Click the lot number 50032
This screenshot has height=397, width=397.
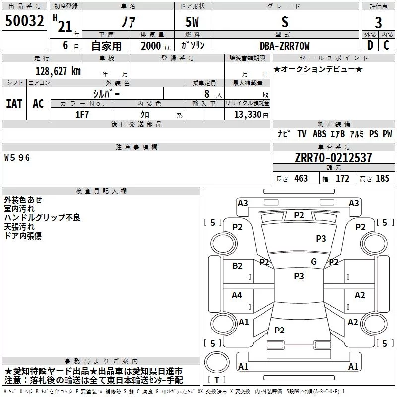(x=24, y=21)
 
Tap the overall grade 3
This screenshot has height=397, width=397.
(x=378, y=23)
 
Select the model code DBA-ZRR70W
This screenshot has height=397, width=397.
(x=284, y=46)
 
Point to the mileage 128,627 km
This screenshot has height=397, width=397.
(x=58, y=71)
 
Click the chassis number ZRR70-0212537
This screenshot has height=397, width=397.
(x=333, y=158)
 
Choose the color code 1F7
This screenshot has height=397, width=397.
(x=82, y=115)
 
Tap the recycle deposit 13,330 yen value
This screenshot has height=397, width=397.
(x=251, y=115)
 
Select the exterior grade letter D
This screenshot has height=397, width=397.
(x=370, y=45)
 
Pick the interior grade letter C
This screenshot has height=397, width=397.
(x=386, y=45)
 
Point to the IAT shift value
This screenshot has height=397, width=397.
(x=14, y=104)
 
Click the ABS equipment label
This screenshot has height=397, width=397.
(x=319, y=134)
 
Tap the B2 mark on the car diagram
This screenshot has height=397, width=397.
(x=237, y=266)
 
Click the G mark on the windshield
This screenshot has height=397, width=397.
(x=314, y=262)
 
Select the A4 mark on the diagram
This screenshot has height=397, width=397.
(x=237, y=295)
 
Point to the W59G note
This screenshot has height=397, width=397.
(x=17, y=158)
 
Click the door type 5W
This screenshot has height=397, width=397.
(x=192, y=22)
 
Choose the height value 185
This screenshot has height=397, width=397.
(x=382, y=179)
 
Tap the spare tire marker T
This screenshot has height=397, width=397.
(x=217, y=380)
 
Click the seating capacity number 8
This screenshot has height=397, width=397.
(x=207, y=94)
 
